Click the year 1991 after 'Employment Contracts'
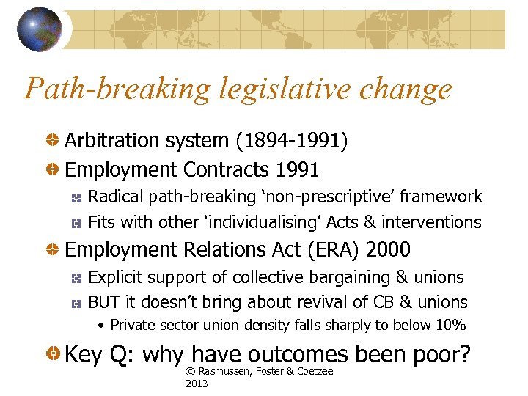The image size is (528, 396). pos(297,170)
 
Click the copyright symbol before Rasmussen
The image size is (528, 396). pos(191,372)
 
